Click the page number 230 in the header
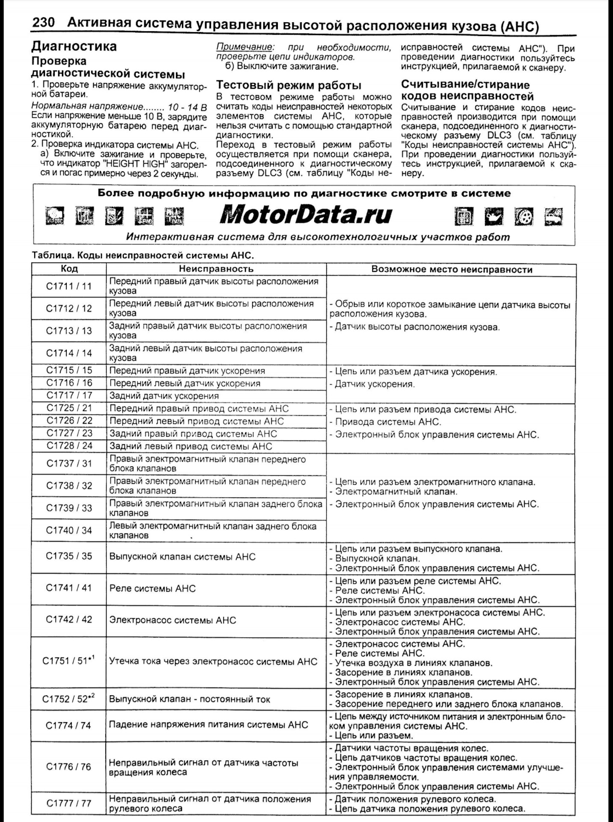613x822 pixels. (44, 22)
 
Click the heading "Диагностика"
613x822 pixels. (74, 46)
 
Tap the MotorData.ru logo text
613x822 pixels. (306, 214)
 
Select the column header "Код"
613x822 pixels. (69, 269)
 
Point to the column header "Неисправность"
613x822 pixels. (216, 269)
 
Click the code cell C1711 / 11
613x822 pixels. (69, 286)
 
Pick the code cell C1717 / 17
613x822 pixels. (69, 396)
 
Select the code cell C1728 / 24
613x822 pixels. (69, 446)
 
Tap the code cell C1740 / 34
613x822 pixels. (69, 530)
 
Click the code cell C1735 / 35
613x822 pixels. (69, 556)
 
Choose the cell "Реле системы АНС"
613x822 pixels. (152, 589)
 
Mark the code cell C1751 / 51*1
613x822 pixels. (69, 661)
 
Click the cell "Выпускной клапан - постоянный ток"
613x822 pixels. (190, 699)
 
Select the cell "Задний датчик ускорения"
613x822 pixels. (164, 396)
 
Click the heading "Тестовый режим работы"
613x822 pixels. (289, 85)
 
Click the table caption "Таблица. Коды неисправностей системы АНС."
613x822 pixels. (143, 256)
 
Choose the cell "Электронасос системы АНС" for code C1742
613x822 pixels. (173, 620)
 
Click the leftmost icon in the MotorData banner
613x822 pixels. (55, 216)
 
